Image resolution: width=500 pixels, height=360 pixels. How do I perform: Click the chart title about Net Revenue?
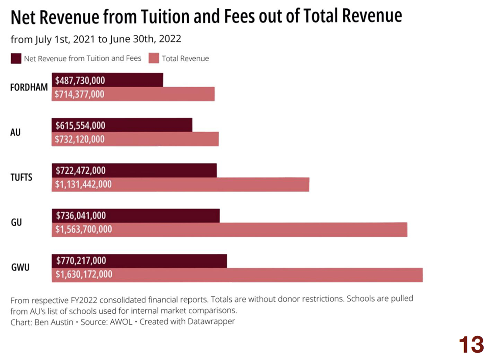[x=206, y=17]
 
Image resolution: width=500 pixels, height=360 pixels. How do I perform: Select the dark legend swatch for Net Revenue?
[x=16, y=58]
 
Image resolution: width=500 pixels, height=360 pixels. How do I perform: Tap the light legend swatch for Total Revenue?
[x=154, y=58]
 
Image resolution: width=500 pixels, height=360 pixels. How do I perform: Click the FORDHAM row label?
[x=29, y=87]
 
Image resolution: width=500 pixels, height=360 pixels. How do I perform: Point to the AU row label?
[x=15, y=132]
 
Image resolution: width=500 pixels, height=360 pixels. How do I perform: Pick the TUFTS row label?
[x=21, y=177]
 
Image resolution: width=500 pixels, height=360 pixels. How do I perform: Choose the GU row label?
[x=16, y=222]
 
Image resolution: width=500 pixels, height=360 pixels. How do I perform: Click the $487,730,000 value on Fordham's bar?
[x=80, y=80]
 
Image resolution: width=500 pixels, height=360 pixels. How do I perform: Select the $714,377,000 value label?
[x=80, y=94]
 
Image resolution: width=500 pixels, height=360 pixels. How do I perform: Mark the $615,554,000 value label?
[x=80, y=125]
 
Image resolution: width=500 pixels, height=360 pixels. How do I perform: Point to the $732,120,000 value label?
[x=80, y=139]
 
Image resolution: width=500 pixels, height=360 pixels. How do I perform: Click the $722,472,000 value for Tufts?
[x=80, y=170]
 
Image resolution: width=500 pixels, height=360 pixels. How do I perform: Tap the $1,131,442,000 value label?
[x=83, y=184]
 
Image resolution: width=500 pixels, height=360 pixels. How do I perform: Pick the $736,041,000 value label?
[x=80, y=215]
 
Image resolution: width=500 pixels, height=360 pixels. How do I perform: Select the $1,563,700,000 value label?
[x=84, y=229]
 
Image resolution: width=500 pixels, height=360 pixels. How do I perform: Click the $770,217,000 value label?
[x=80, y=261]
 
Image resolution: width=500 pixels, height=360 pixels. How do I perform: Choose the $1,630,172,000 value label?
[x=84, y=275]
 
